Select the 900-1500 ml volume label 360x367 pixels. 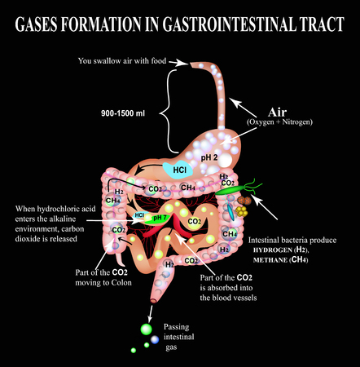[x=123, y=113]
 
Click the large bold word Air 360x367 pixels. [x=277, y=112]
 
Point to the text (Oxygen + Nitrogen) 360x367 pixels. [x=279, y=122]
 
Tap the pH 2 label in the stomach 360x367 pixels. [x=209, y=157]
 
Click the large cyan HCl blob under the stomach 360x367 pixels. [x=178, y=170]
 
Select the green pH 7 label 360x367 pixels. [x=160, y=218]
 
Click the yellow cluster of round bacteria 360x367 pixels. [x=241, y=211]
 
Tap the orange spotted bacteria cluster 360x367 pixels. [x=244, y=201]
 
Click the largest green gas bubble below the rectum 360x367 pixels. [x=147, y=329]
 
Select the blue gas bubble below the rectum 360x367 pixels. [x=155, y=339]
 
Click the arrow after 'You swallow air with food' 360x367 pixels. [x=178, y=63]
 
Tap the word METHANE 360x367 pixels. [x=270, y=260]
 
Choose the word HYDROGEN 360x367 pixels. [x=273, y=250]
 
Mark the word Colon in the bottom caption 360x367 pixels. [x=121, y=283]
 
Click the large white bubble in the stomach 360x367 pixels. [x=225, y=160]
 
